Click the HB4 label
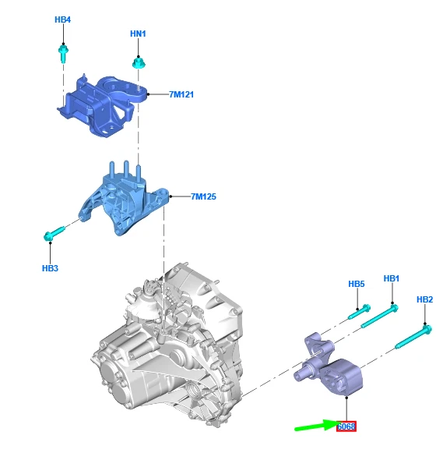coord(63,19)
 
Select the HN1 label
coord(138,34)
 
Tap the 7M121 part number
coord(181,94)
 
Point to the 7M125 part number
coord(204,196)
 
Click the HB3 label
coord(50,268)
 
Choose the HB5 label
coord(357,284)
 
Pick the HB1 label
coord(392,278)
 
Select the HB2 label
coord(425,299)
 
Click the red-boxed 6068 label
coord(346,426)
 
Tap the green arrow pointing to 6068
coord(316,426)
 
